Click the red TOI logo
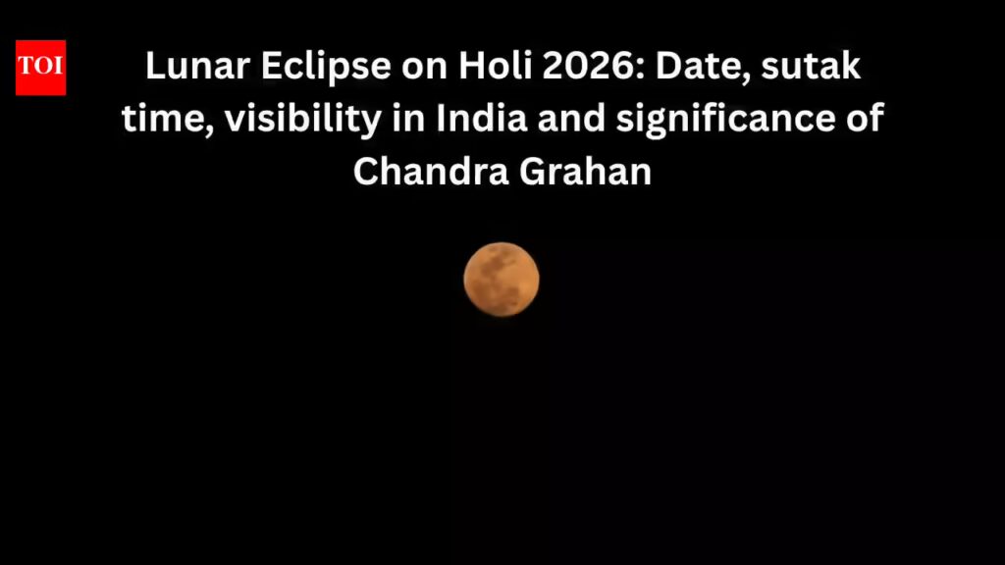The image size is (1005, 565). pyautogui.click(x=40, y=68)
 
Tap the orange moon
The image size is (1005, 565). pyautogui.click(x=502, y=280)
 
